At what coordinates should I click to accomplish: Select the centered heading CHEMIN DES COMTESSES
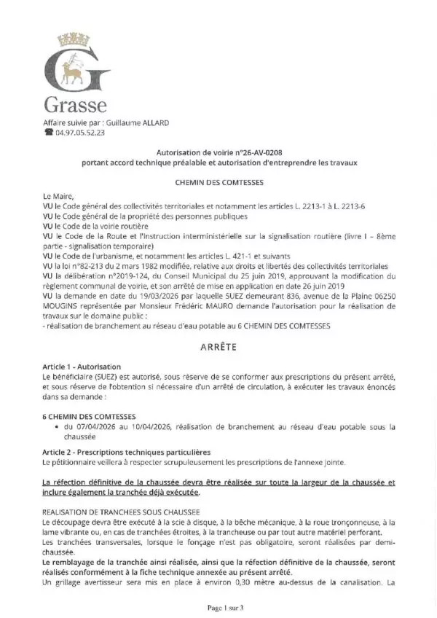(219, 181)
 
